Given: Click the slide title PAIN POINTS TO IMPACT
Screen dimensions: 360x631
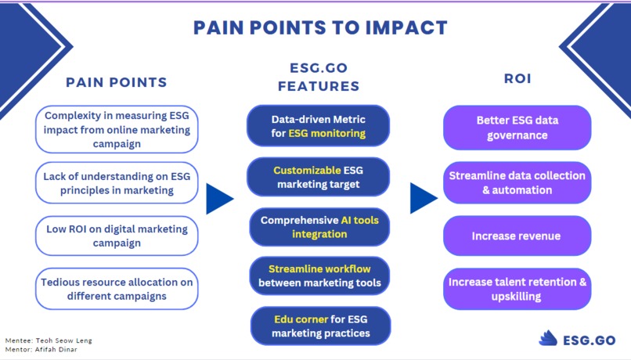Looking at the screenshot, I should click(x=320, y=27).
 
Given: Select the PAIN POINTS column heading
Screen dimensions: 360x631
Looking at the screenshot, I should click(x=116, y=82).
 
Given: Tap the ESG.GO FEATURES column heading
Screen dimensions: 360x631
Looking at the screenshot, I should click(x=318, y=77).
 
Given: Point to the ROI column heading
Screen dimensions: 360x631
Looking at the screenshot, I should click(x=517, y=78).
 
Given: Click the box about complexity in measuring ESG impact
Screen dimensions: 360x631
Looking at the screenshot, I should click(x=117, y=129).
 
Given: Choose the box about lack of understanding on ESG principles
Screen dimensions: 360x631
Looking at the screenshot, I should click(x=117, y=183).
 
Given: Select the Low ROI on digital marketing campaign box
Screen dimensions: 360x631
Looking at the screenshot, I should click(x=117, y=236).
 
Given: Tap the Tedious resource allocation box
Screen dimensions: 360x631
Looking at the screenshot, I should click(x=117, y=288).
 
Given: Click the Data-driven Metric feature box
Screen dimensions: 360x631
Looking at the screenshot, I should click(x=318, y=126).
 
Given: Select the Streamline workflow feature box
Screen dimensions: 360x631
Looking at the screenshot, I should click(x=319, y=275).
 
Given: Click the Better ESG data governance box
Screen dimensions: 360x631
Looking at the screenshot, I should click(x=517, y=128).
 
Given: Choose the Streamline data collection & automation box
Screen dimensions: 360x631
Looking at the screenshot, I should click(x=517, y=182).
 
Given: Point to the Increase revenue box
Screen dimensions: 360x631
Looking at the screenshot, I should click(x=517, y=236).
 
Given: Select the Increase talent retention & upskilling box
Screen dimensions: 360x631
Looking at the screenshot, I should click(x=517, y=289).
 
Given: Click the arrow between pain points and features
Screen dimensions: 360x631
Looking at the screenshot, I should click(x=219, y=200).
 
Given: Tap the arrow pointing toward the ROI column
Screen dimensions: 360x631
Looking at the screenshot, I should click(x=423, y=199).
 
